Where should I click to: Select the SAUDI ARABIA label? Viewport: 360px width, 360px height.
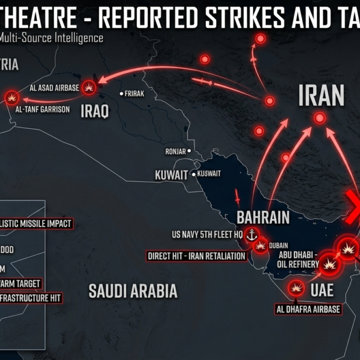pyautogui.click(x=133, y=291)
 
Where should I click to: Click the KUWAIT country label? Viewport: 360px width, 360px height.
pyautogui.click(x=172, y=175)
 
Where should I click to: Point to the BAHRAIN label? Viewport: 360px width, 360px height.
pyautogui.click(x=263, y=217)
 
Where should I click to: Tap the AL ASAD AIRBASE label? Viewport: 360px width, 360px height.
pyautogui.click(x=54, y=88)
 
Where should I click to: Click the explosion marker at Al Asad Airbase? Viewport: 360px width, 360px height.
pyautogui.click(x=89, y=88)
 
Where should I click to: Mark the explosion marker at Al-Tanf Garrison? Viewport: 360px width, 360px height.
pyautogui.click(x=12, y=97)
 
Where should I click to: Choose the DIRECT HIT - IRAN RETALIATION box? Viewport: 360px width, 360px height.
pyautogui.click(x=197, y=256)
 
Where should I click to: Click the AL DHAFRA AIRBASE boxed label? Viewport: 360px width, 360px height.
pyautogui.click(x=308, y=310)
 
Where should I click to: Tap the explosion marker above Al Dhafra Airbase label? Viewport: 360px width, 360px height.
pyautogui.click(x=295, y=289)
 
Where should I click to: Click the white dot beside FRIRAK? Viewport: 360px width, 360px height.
pyautogui.click(x=122, y=94)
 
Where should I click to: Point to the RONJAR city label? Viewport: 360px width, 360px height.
pyautogui.click(x=175, y=151)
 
